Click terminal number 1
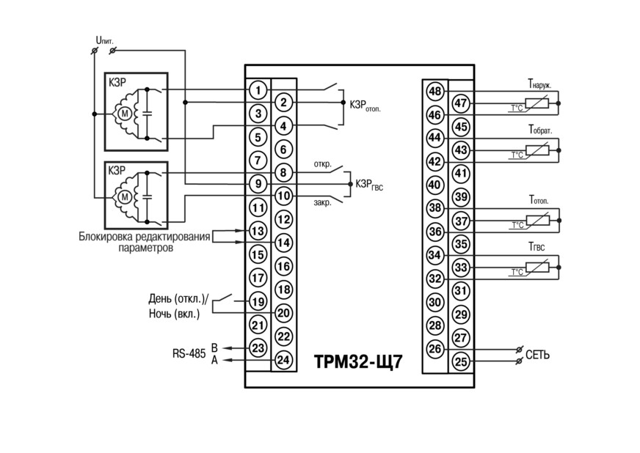coord(258,89)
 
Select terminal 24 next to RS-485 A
coord(283,360)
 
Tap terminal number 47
coord(461,103)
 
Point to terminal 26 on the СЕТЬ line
coord(435,349)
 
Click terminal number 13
coord(258,231)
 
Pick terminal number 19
coord(258,302)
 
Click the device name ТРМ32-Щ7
coord(358,361)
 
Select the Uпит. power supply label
coord(104,41)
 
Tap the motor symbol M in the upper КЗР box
coord(125,114)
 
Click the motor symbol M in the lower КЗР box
coord(125,197)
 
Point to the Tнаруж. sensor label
coord(539,84)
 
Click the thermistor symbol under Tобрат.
coord(537,150)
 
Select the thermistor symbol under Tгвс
coord(537,267)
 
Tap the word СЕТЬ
coord(537,355)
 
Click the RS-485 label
coord(189,353)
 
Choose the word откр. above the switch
coord(322,165)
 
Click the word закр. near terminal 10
coord(322,202)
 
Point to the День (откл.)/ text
coord(178,299)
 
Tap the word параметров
coord(146,248)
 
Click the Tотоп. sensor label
coord(539,200)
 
